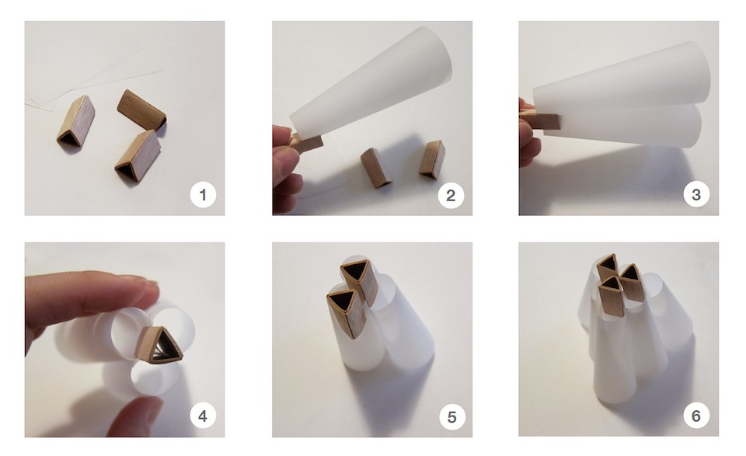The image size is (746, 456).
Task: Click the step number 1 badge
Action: coord(203,194)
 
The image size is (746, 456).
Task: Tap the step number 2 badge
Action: coord(451,194)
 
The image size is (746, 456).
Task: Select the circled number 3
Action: coord(696,194)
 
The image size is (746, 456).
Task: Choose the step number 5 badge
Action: coord(451,416)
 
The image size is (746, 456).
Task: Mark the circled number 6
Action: coord(696,416)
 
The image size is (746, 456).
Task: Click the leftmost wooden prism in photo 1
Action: coord(76,120)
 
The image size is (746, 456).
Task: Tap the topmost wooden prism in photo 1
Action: coord(141,110)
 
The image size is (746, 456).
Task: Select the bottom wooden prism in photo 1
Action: coord(138,156)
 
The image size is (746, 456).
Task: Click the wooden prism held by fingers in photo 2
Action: coord(307,141)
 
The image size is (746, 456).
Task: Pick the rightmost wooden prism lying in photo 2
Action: coord(432,159)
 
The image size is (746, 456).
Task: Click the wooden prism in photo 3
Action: coord(542,120)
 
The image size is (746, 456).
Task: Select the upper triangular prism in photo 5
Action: coord(359,280)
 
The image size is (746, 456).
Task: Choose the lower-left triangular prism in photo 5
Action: coord(347,313)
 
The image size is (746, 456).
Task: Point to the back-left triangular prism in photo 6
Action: coord(608,267)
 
